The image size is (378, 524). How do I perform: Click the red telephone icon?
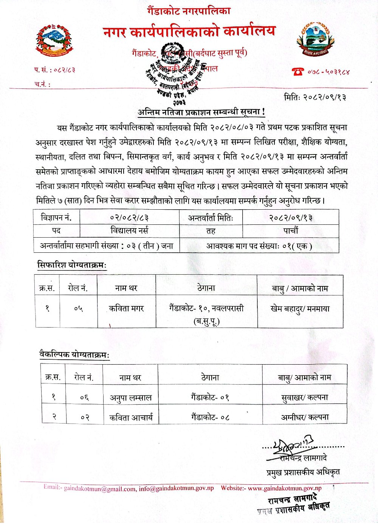tap(298, 71)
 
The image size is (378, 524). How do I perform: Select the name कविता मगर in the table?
tap(126, 309)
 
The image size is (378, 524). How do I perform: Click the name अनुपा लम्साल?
tap(130, 397)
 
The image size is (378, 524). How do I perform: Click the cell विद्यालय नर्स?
tap(129, 230)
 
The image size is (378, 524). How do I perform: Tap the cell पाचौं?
tap(290, 230)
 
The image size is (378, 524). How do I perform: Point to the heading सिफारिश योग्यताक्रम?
tap(72, 265)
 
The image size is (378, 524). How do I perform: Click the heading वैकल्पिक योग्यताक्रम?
tap(74, 355)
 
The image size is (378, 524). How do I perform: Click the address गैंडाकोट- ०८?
tap(210, 417)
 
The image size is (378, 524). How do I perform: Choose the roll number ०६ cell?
tap(84, 397)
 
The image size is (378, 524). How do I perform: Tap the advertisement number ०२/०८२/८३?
tap(129, 218)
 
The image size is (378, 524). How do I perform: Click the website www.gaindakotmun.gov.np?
tap(285, 488)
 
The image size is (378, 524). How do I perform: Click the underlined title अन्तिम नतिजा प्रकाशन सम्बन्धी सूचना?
tap(201, 112)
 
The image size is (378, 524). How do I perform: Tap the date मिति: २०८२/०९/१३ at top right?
tap(315, 97)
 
